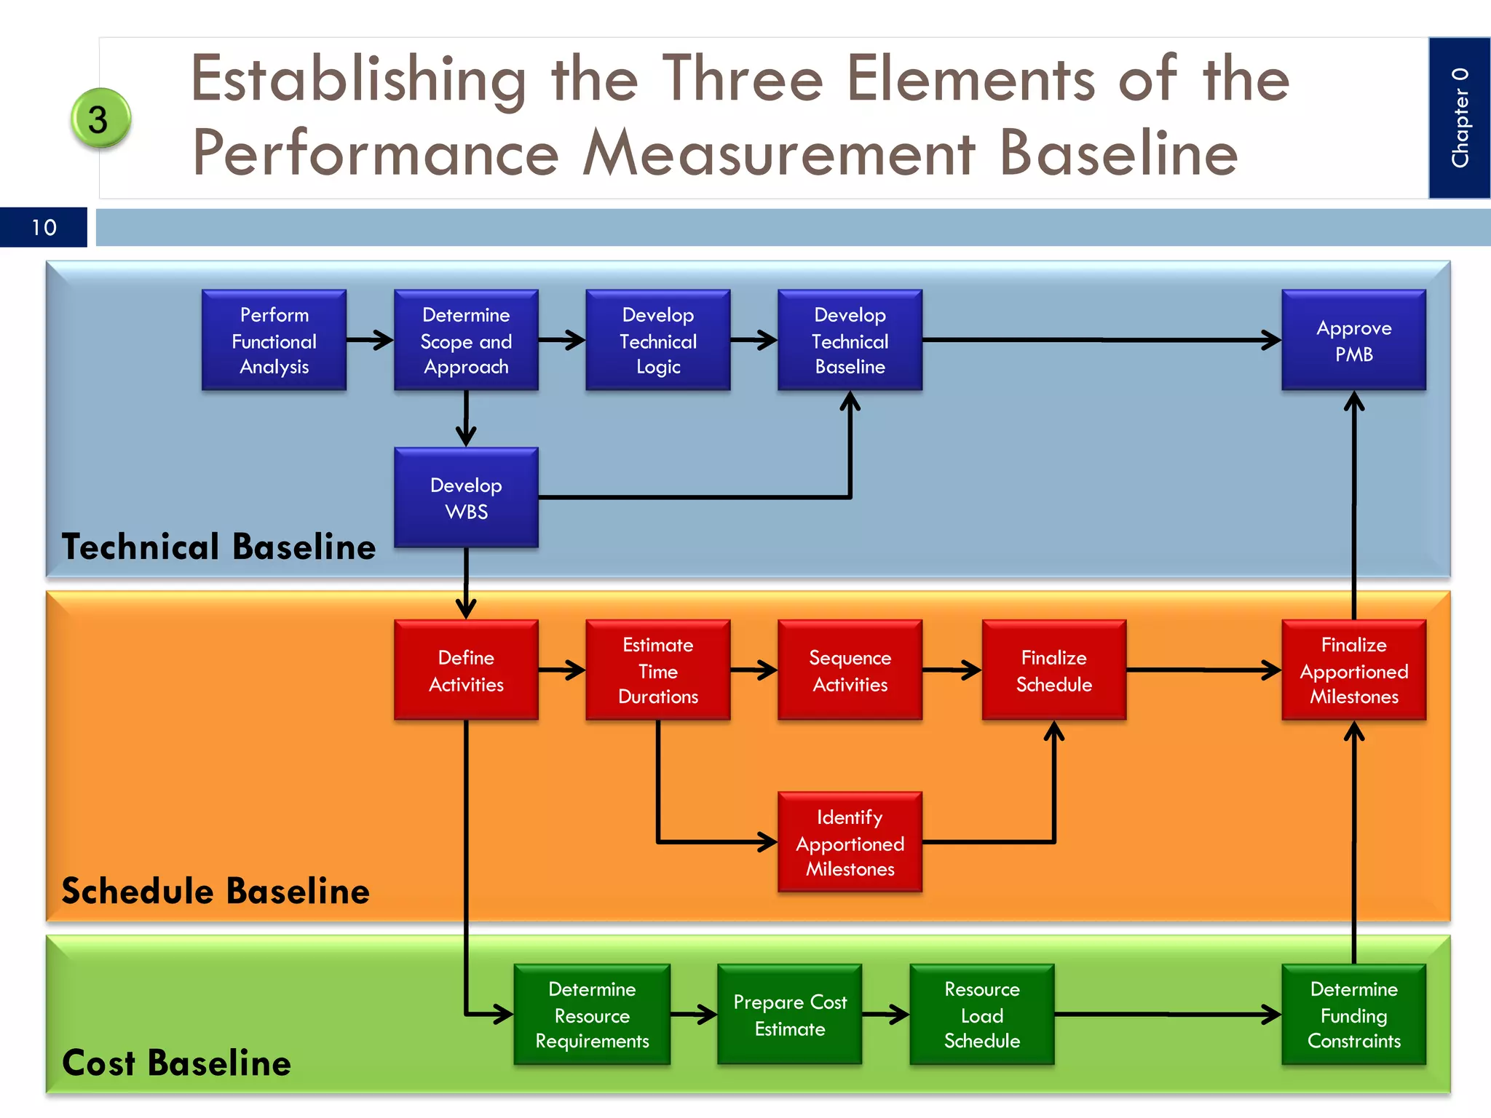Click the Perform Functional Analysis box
tap(274, 340)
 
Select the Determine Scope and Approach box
tap(466, 340)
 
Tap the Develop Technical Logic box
tap(657, 340)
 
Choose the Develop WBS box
tap(466, 497)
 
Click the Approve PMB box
tap(1353, 340)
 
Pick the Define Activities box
tap(466, 670)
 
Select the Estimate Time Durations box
tap(657, 670)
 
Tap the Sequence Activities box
tap(850, 670)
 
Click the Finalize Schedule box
tap(1053, 670)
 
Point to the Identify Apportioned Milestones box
tap(850, 842)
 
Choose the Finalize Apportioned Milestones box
tap(1353, 670)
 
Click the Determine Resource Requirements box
tap(592, 1014)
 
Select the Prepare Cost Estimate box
tap(789, 1014)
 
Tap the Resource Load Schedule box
tap(981, 1014)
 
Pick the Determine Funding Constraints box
tap(1353, 1014)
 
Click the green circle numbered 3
tap(100, 119)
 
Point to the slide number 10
tap(44, 227)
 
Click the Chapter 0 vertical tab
tap(1459, 118)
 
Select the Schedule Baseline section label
tap(215, 891)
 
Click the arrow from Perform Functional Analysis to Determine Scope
tap(370, 340)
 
